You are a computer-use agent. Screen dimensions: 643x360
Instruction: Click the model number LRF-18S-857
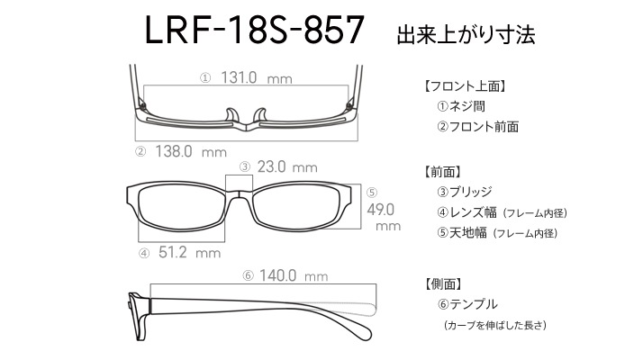(254, 30)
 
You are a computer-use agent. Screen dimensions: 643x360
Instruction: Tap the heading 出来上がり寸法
(466, 34)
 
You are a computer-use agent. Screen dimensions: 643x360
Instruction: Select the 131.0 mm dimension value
(257, 77)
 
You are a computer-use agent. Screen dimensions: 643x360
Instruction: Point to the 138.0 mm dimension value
(191, 152)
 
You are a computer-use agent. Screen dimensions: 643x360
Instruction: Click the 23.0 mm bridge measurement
(287, 166)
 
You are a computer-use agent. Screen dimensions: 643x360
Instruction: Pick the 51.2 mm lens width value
(189, 252)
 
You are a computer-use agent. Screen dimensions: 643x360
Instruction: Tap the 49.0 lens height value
(381, 210)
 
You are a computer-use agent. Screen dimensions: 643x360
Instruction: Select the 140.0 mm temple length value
(294, 275)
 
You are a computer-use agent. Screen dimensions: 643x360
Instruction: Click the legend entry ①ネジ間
(461, 106)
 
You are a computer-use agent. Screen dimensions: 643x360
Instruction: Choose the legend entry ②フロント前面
(477, 127)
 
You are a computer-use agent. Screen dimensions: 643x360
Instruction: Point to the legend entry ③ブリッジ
(465, 192)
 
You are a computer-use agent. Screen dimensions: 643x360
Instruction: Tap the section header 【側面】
(444, 283)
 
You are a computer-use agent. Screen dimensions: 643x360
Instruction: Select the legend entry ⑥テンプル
(467, 304)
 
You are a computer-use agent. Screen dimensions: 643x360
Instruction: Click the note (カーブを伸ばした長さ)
(495, 325)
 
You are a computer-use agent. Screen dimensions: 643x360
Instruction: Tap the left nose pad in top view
(231, 115)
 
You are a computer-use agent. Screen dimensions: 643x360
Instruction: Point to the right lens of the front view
(296, 207)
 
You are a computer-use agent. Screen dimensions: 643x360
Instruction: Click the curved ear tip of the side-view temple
(361, 328)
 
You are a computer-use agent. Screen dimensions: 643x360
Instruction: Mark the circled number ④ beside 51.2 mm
(144, 254)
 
